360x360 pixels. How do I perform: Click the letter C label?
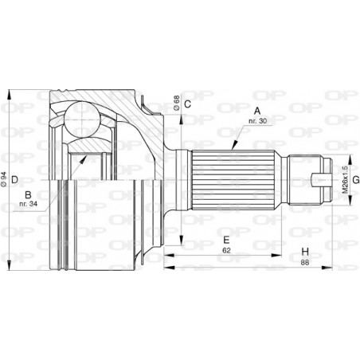point(188,104)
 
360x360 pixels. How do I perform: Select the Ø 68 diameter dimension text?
point(174,104)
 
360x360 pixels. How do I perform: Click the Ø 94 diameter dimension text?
point(6,180)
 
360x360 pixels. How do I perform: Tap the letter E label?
point(226,239)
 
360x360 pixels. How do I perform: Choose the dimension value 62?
point(226,250)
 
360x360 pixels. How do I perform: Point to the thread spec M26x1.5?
point(345,180)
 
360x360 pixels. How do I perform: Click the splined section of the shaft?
point(232,179)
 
